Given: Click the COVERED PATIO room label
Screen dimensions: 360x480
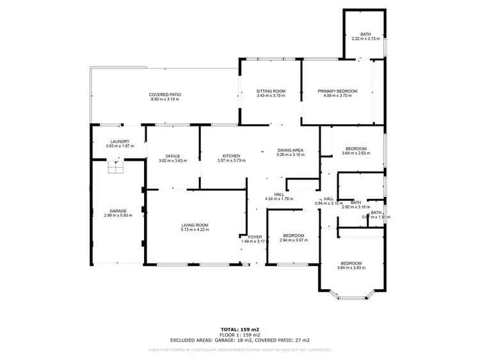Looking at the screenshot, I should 164,95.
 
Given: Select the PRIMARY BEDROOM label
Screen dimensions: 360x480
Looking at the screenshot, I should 337,91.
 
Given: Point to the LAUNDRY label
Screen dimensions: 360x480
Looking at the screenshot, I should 120,142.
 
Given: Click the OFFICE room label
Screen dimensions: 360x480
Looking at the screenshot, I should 172,156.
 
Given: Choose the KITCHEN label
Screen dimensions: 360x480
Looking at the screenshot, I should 230,156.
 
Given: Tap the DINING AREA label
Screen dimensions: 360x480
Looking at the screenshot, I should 290,150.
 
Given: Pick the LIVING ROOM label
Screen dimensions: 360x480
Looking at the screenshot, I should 195,225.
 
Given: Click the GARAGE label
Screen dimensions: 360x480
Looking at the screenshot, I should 118,211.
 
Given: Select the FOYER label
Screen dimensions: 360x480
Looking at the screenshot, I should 255,237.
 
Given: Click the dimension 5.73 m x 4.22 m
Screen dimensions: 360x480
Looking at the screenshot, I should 195,230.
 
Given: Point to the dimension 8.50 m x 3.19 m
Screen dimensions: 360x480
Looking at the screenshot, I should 164,100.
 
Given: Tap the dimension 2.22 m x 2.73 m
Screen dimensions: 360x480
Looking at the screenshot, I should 365,39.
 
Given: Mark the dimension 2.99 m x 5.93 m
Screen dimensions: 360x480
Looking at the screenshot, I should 118,215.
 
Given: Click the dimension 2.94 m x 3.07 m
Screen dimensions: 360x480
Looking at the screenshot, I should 294,240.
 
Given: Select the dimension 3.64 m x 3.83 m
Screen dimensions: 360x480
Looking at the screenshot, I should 351,268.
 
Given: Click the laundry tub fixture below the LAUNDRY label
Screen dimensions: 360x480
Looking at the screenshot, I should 116,167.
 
